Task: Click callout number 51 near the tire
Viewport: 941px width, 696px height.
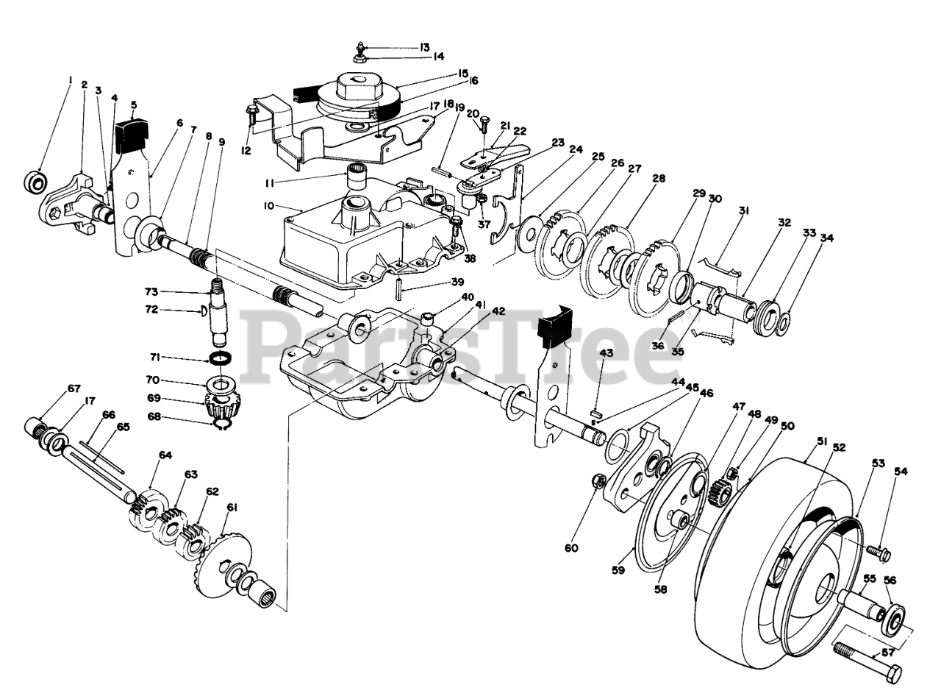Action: pos(822,441)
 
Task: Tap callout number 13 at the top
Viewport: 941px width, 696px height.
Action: pos(424,47)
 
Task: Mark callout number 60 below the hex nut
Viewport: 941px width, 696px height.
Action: pos(572,547)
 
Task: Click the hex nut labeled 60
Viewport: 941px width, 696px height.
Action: pos(598,483)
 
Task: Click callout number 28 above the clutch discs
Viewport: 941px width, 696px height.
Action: pos(658,179)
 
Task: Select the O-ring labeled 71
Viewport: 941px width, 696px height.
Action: pos(220,359)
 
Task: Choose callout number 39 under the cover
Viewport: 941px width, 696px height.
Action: pos(457,283)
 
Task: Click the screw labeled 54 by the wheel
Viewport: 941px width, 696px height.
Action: pos(877,550)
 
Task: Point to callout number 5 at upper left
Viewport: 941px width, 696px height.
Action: pos(134,104)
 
